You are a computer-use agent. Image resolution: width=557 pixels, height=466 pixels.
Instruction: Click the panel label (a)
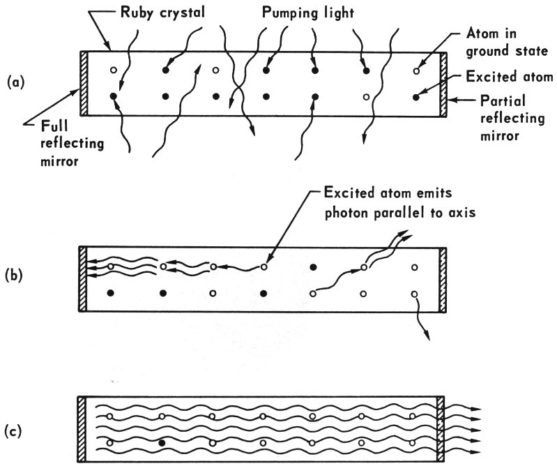16,82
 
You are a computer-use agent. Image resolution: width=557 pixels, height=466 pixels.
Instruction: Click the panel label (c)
16,429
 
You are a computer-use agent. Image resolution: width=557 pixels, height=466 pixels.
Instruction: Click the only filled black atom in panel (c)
162,443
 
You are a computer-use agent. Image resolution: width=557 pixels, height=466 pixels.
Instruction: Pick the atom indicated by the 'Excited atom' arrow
416,96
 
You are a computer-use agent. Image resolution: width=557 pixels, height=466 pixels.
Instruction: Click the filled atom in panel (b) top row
314,267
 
